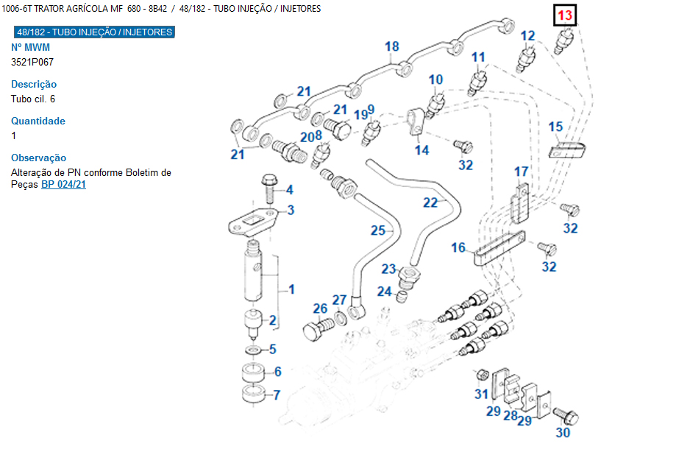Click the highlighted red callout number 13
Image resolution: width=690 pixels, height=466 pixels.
coord(565,15)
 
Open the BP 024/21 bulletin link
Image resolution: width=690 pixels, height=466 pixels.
coord(63,184)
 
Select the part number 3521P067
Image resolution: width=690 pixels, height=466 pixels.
coord(32,62)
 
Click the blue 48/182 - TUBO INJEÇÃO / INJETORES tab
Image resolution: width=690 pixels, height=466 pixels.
coord(94,32)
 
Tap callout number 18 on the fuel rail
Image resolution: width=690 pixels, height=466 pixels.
coord(391,46)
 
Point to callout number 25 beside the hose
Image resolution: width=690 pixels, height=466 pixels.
coord(377,230)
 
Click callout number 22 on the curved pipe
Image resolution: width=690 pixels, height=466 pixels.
coord(430,202)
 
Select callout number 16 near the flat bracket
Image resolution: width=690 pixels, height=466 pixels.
coord(458,247)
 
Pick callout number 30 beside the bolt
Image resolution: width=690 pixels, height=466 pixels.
coord(563,433)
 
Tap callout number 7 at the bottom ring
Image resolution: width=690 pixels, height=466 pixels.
coord(277,395)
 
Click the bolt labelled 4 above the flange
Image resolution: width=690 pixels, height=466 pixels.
coord(268,188)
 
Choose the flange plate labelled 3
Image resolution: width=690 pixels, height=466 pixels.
coord(254,222)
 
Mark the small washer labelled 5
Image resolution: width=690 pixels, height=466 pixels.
coord(252,350)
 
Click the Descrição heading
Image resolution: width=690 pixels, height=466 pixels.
coord(34,84)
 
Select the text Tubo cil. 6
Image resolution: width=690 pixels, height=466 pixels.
coord(33,99)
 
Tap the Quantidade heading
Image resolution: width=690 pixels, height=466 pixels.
coord(38,121)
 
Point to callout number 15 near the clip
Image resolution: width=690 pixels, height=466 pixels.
coord(555,127)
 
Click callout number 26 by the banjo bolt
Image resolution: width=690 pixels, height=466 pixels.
coord(320,308)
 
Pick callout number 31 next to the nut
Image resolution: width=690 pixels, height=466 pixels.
coord(481,394)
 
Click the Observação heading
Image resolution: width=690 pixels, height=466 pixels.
coord(39,158)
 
